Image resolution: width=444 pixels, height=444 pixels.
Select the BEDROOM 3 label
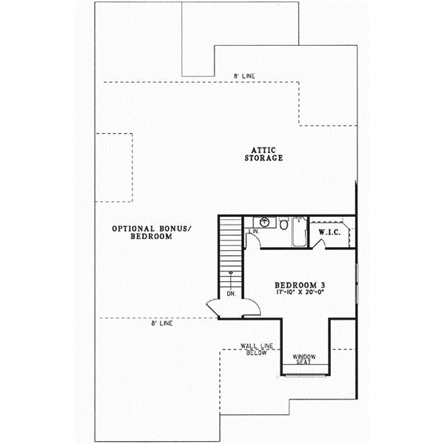point(300,284)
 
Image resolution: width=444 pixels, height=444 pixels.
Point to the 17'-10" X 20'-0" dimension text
point(300,293)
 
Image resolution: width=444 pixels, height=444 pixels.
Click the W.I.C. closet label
point(329,232)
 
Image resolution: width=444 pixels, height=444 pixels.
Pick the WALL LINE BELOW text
point(255,349)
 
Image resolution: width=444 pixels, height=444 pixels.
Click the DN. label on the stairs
point(232,293)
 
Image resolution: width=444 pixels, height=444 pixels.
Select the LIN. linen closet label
point(252,232)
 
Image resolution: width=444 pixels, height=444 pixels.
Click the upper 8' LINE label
point(244,76)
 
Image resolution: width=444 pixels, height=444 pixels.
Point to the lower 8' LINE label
point(162,323)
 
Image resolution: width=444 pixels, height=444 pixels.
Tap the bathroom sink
point(265,221)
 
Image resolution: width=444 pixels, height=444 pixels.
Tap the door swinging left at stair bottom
point(211,305)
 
